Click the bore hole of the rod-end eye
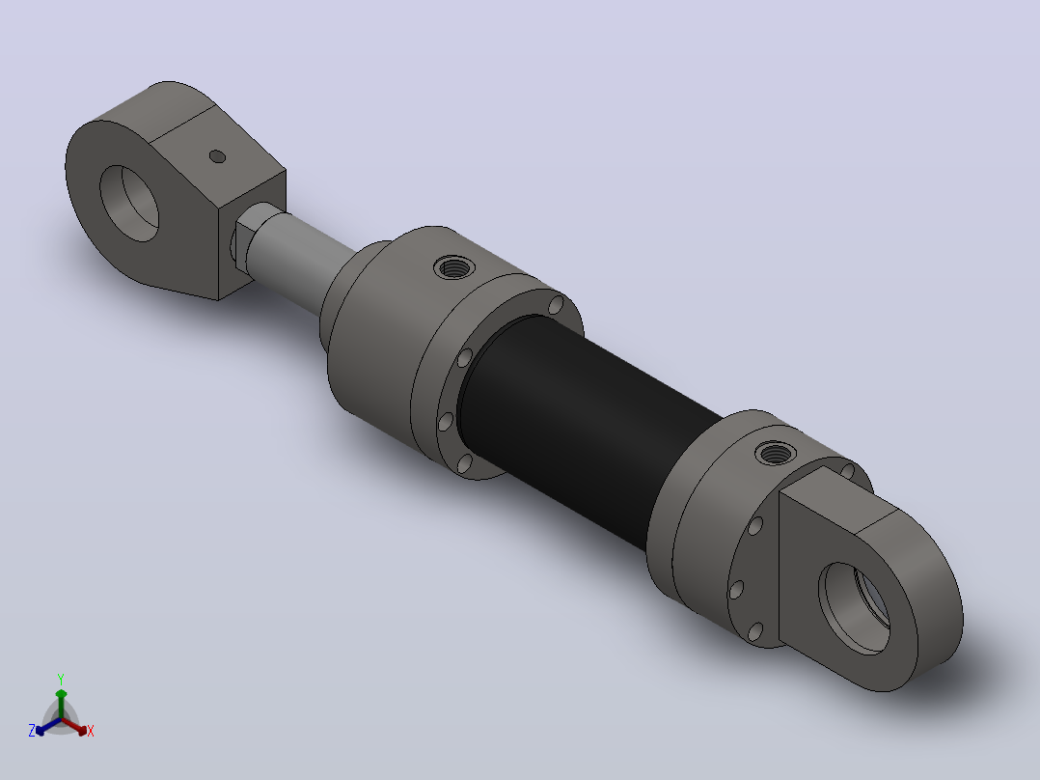pyautogui.click(x=129, y=203)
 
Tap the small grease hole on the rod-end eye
pyautogui.click(x=218, y=156)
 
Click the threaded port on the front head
pyautogui.click(x=453, y=267)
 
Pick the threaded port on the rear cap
pyautogui.click(x=776, y=454)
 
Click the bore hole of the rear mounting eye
pyautogui.click(x=856, y=608)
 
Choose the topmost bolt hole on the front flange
pyautogui.click(x=556, y=305)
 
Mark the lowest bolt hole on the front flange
pyautogui.click(x=465, y=462)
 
